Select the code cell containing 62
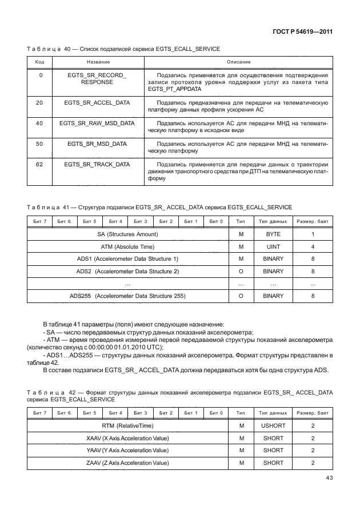(x=39, y=165)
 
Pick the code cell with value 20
(x=39, y=102)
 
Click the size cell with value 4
(x=313, y=246)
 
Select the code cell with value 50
(x=39, y=144)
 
